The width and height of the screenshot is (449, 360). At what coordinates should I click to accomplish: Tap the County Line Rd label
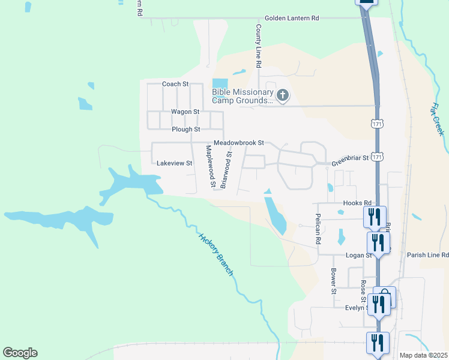[x=259, y=46]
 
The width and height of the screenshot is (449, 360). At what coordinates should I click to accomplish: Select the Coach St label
[x=175, y=84]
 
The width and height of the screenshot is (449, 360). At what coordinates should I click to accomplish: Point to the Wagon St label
[x=185, y=112]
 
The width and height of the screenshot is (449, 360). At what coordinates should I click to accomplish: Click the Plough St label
[x=185, y=129]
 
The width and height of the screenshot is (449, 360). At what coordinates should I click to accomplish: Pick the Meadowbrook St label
[x=239, y=143]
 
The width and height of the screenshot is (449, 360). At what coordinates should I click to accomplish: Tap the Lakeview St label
[x=174, y=163]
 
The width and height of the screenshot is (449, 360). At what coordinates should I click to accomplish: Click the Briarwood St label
[x=226, y=170]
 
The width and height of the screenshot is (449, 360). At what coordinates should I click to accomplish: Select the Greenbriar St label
[x=350, y=159]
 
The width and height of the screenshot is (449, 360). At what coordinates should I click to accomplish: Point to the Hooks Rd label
[x=357, y=203]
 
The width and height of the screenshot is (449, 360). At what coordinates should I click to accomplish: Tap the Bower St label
[x=333, y=280]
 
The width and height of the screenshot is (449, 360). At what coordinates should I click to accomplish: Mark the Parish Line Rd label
[x=427, y=255]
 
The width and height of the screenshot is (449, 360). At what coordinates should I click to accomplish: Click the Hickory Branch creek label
[x=216, y=254]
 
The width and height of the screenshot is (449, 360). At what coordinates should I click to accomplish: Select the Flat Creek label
[x=436, y=119]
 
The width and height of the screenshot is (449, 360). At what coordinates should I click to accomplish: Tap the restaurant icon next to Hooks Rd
[x=375, y=216]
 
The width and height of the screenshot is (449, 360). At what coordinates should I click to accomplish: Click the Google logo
[x=20, y=353]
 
